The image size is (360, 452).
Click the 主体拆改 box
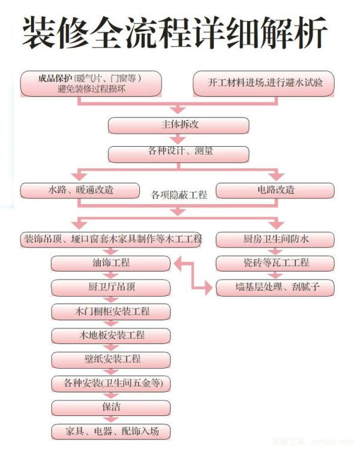coord(179,125)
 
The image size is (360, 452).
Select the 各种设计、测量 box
coord(179,154)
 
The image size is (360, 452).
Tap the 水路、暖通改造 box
coord(80,191)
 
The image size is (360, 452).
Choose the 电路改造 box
coord(275,191)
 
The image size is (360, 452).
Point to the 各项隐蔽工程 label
coord(179,195)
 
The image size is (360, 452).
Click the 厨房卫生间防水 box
coord(275,240)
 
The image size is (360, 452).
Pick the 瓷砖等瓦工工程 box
coord(275,263)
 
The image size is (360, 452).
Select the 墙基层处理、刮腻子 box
coord(275,287)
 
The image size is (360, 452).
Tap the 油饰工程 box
coord(111,263)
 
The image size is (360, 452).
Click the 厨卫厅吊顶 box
coord(111,287)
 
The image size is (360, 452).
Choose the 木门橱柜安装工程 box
coord(111,312)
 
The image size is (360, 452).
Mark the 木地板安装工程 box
coord(111,336)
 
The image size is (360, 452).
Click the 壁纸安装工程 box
coord(111,360)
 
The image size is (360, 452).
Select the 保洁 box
coord(111,408)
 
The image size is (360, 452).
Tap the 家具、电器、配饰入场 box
coord(111,432)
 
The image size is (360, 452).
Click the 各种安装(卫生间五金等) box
coord(111,384)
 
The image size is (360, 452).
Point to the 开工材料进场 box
coord(263,83)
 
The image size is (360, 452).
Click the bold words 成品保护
coord(55,79)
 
